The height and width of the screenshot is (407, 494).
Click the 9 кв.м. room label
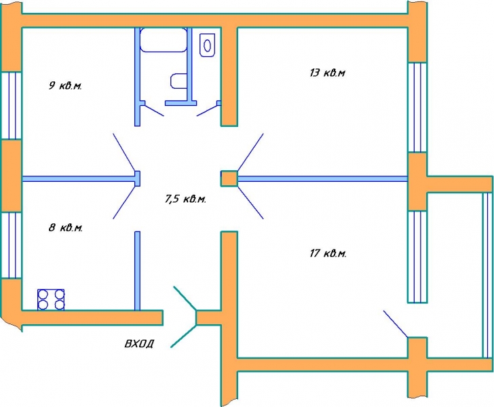coord(65,85)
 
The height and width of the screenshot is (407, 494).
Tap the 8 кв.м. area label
coord(66,227)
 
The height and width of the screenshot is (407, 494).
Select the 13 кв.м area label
coord(327,73)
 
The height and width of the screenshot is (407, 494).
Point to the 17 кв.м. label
coord(328,253)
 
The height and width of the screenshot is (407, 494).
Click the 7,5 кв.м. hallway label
coord(185,199)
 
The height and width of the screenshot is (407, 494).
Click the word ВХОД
coord(139,343)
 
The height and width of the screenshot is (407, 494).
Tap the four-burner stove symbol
coord(51,300)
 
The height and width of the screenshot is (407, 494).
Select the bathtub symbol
coord(163,40)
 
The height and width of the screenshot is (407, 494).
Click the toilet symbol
coord(207,45)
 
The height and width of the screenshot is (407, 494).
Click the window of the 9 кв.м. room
coord(12,106)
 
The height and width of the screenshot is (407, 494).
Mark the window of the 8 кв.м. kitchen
coord(12,245)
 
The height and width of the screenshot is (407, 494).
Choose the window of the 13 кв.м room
coord(417,107)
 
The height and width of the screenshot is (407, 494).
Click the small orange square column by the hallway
coord(229,178)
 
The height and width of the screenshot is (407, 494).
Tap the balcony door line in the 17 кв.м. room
coord(396,324)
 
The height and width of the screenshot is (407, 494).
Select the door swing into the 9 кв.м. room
coord(124,152)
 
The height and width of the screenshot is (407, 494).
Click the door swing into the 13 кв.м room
coord(250,152)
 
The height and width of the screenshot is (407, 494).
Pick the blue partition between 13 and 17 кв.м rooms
coord(322,179)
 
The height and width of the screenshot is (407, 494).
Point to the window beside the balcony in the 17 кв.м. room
coord(417,256)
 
